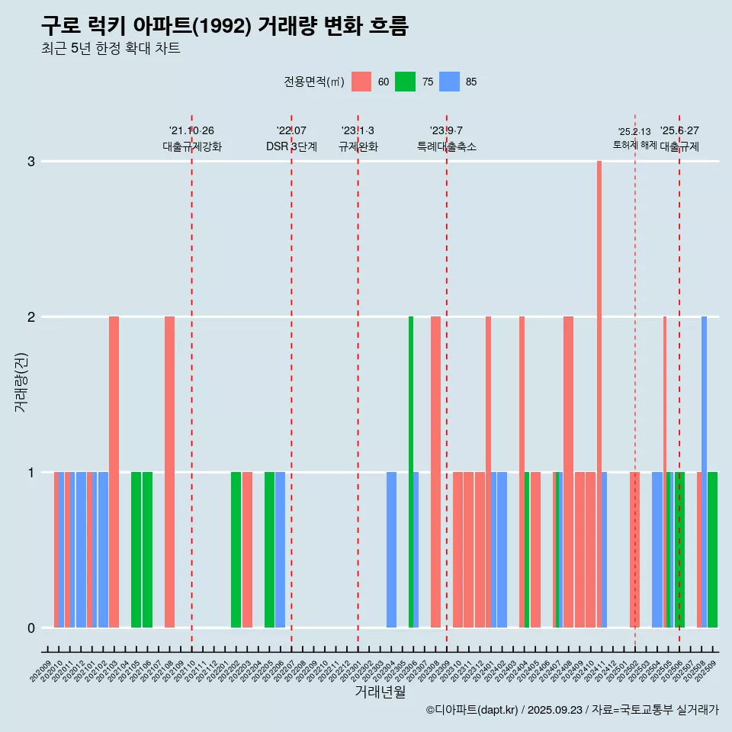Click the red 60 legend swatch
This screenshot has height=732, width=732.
pyautogui.click(x=361, y=82)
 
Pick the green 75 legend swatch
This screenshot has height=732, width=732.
pyautogui.click(x=405, y=82)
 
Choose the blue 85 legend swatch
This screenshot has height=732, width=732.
pyautogui.click(x=450, y=82)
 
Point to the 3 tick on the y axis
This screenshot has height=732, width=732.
pyautogui.click(x=32, y=162)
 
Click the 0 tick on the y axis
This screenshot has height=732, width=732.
pyautogui.click(x=32, y=628)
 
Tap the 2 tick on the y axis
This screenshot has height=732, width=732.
pyautogui.click(x=32, y=317)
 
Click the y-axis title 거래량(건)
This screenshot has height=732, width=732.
pyautogui.click(x=21, y=381)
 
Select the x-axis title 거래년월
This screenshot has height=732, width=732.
pyautogui.click(x=380, y=692)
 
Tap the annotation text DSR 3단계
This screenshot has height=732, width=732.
pyautogui.click(x=291, y=146)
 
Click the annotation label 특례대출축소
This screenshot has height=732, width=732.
pyautogui.click(x=447, y=146)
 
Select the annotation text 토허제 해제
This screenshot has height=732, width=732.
pyautogui.click(x=634, y=145)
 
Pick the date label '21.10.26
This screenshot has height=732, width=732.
pyautogui.click(x=191, y=131)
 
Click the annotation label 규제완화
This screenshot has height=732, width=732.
pyautogui.click(x=358, y=146)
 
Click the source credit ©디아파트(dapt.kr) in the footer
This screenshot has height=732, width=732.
pyautogui.click(x=472, y=710)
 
